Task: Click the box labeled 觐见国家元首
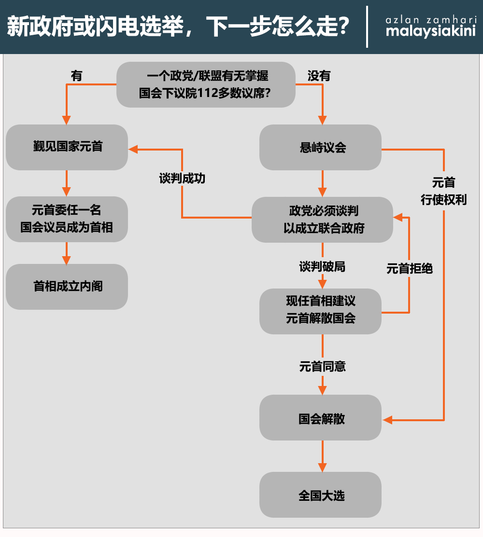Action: (x=67, y=147)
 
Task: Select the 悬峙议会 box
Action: (x=321, y=147)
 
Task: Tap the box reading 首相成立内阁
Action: (x=67, y=287)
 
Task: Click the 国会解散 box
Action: (x=321, y=418)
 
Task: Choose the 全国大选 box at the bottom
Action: (x=321, y=495)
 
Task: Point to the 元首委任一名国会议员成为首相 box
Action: (x=67, y=219)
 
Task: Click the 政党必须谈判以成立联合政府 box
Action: (x=322, y=220)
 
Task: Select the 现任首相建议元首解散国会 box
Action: (x=321, y=311)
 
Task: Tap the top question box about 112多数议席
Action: (x=206, y=84)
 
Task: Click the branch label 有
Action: (x=77, y=76)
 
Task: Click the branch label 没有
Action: (x=319, y=76)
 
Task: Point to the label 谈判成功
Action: (x=182, y=178)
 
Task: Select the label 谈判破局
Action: (x=322, y=266)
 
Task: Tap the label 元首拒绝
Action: (x=409, y=269)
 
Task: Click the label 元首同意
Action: (x=322, y=367)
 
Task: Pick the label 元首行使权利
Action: (x=443, y=192)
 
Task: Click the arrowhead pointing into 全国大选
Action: (x=322, y=467)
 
